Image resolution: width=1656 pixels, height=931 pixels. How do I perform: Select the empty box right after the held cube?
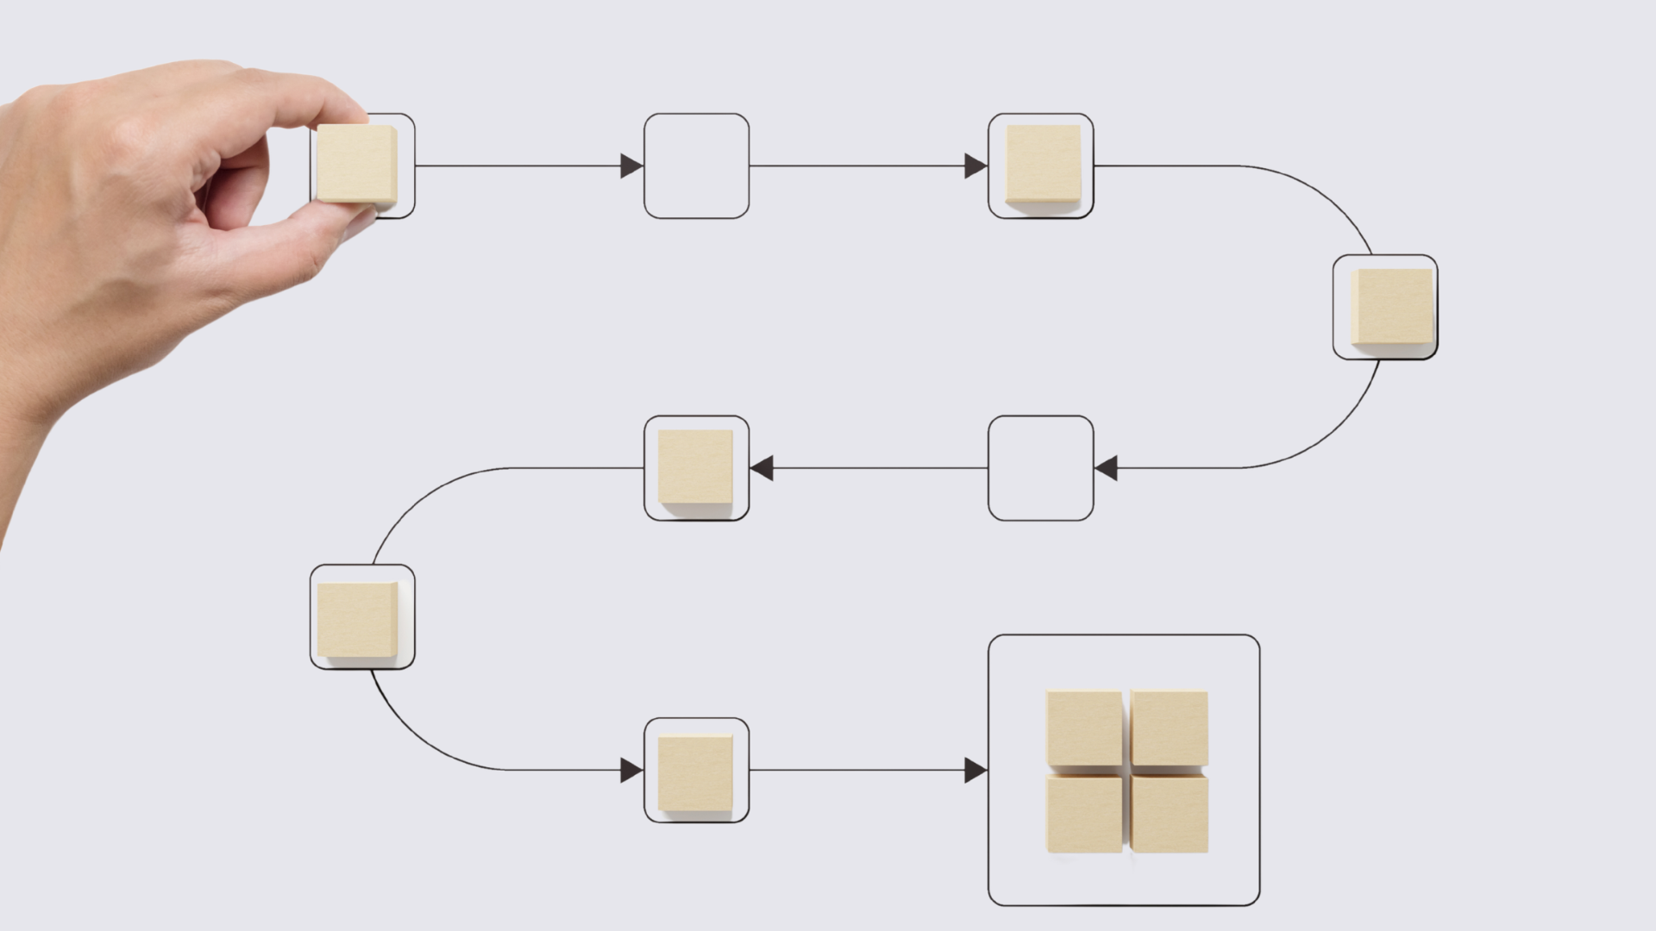pyautogui.click(x=696, y=166)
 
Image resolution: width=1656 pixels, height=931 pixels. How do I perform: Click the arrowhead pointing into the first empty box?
pyautogui.click(x=631, y=166)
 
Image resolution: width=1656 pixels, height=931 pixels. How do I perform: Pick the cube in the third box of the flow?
pyautogui.click(x=1043, y=164)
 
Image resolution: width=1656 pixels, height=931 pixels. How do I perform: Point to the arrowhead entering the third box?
pyautogui.click(x=975, y=166)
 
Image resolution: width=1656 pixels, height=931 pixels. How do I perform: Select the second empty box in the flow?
pyautogui.click(x=1040, y=468)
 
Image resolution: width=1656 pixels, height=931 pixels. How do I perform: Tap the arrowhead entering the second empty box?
pyautogui.click(x=1106, y=468)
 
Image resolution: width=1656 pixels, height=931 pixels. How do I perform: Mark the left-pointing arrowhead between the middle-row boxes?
pyautogui.click(x=762, y=468)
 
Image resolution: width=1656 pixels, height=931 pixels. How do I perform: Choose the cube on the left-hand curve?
pyautogui.click(x=357, y=619)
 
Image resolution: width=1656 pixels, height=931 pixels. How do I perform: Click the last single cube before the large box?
pyautogui.click(x=695, y=772)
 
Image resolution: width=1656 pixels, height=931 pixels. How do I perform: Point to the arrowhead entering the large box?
pyautogui.click(x=975, y=770)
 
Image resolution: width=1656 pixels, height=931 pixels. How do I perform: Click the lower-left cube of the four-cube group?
pyautogui.click(x=1084, y=814)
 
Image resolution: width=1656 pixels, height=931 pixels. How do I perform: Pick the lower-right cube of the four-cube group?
pyautogui.click(x=1170, y=814)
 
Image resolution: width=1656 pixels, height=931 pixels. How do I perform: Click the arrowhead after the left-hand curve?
pyautogui.click(x=631, y=770)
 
